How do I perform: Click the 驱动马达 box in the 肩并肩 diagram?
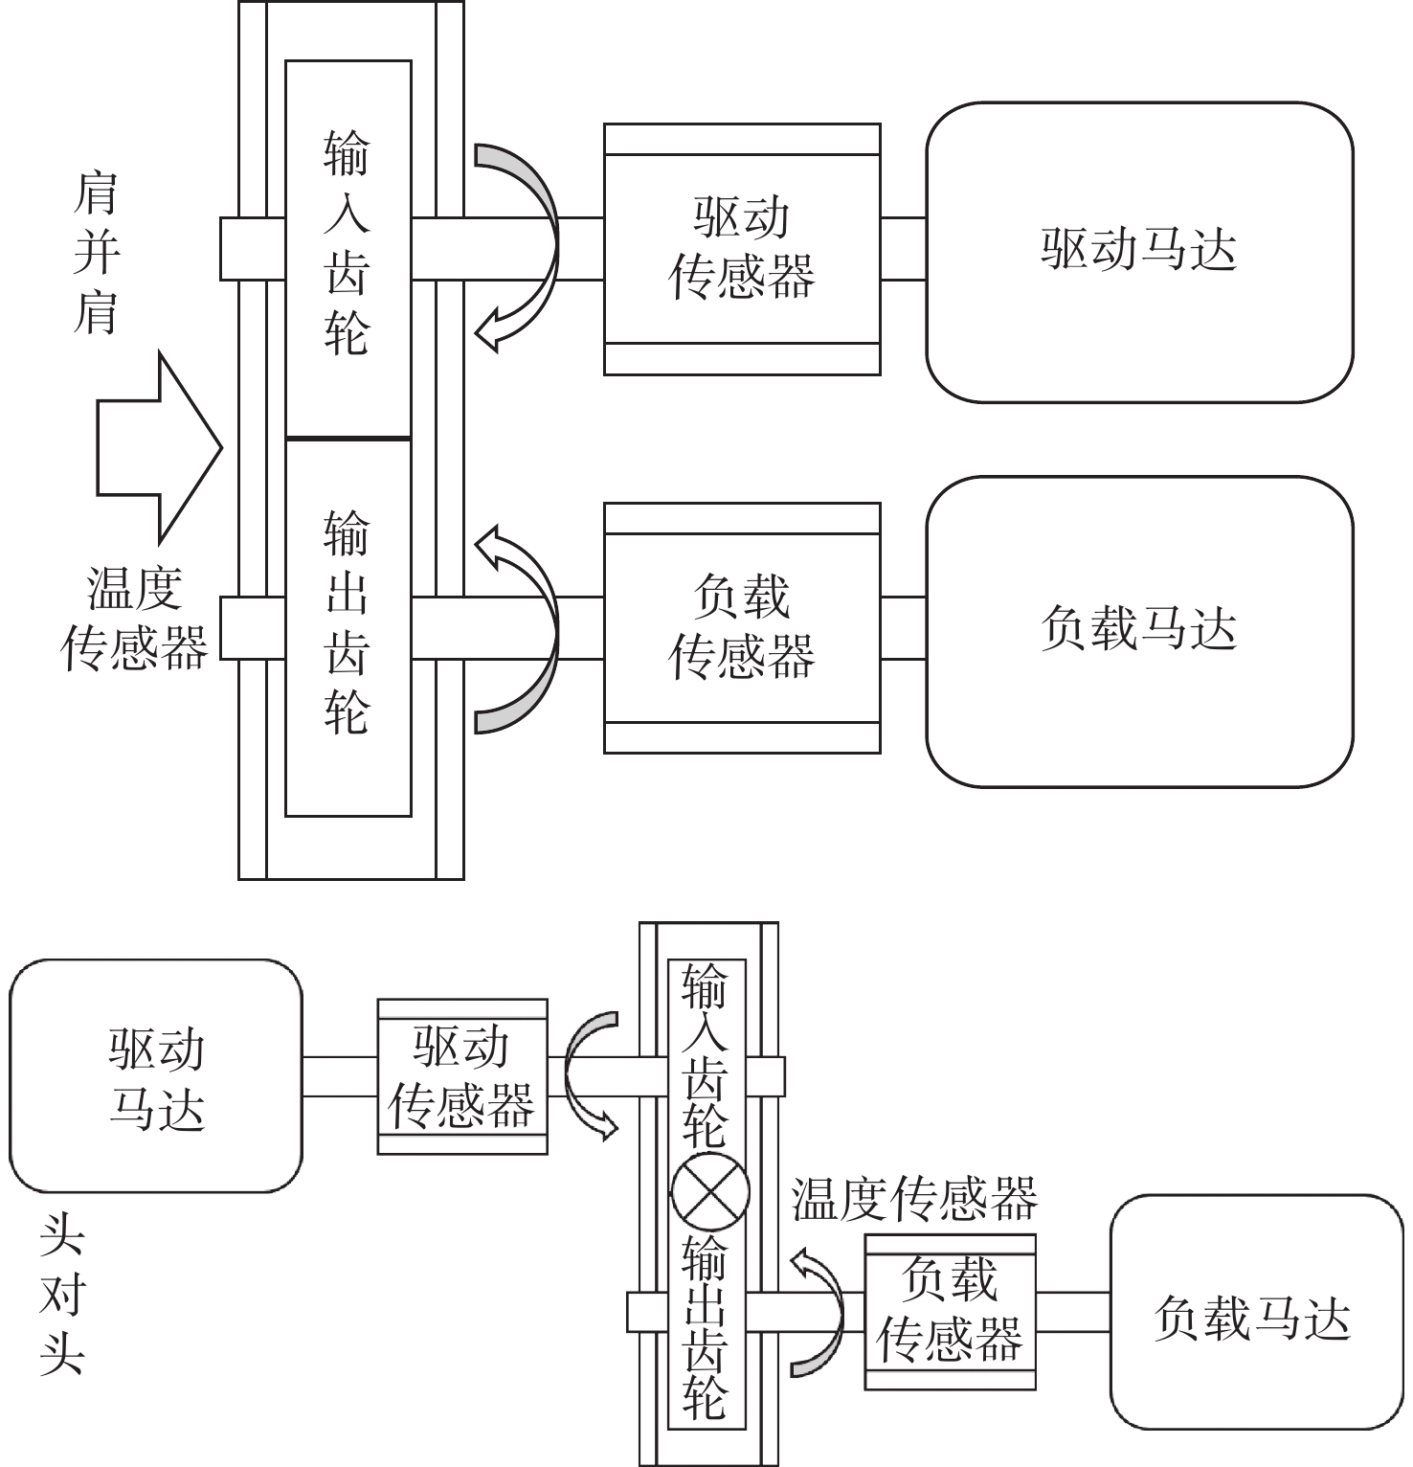click(x=1139, y=251)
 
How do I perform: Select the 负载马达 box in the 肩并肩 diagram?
click(x=1139, y=631)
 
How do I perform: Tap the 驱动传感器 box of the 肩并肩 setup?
click(x=742, y=248)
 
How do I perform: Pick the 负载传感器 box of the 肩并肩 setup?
click(x=742, y=628)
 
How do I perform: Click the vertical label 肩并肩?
click(x=96, y=253)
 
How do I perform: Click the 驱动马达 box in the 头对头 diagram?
click(x=156, y=1076)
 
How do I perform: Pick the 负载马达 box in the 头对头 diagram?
click(x=1254, y=1318)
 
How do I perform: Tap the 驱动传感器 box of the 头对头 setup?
click(x=462, y=1076)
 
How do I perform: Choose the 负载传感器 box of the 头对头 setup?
click(x=950, y=1311)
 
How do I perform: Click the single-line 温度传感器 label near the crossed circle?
click(x=914, y=1198)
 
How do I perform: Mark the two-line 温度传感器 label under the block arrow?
click(x=134, y=619)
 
